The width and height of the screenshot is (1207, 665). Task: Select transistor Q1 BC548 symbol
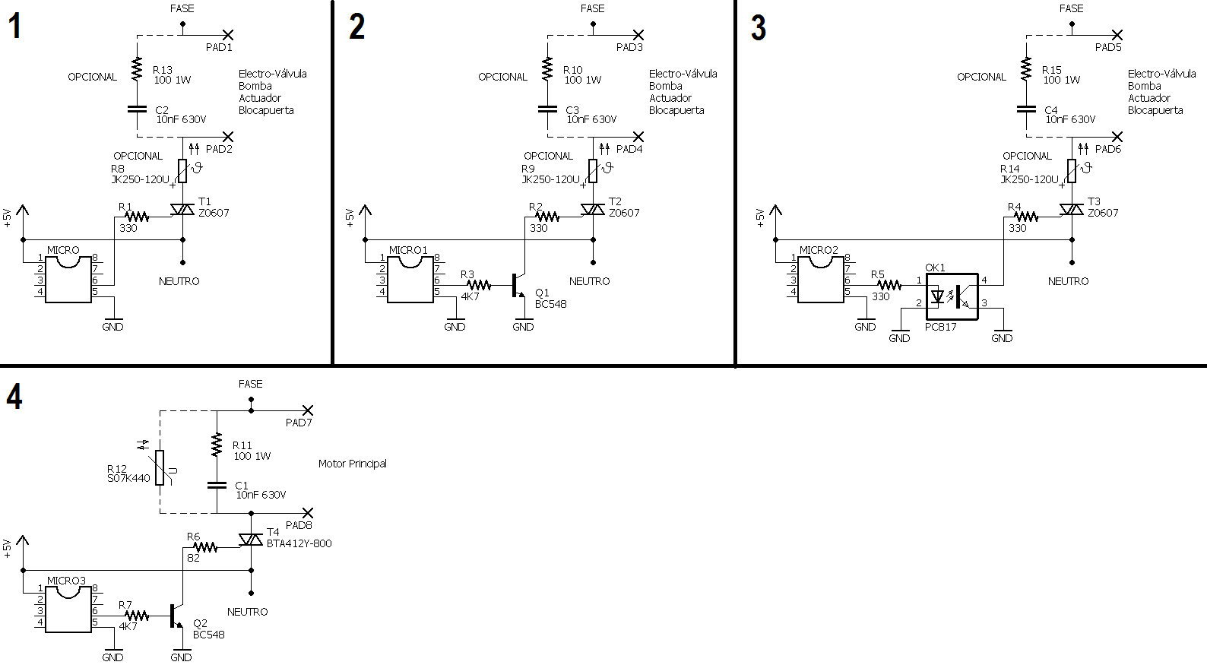coord(518,286)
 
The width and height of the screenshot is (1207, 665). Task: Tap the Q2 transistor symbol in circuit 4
coord(176,616)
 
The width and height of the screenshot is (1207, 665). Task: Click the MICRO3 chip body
coord(68,610)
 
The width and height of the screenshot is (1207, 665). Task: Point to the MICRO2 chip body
coord(821,279)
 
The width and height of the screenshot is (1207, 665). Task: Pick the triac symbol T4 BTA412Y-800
coord(251,540)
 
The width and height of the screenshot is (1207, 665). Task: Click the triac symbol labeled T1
coord(182,209)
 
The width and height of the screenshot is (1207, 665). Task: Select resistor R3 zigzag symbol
coord(479,284)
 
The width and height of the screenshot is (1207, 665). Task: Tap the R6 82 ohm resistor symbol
coord(204,547)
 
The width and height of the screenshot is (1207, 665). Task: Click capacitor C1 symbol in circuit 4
coord(217,485)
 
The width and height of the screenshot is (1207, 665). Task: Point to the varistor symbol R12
coord(160,467)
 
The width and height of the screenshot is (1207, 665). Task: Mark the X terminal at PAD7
coord(308,410)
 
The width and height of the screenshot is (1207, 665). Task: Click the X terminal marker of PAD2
coord(228,136)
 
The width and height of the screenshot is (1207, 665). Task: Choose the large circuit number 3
coord(758,27)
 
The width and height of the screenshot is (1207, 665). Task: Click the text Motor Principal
coord(353,464)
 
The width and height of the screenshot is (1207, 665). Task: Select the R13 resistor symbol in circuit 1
coord(137,69)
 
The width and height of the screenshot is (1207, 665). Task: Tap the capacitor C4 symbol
coord(1026,109)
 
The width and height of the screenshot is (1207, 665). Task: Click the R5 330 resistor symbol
coord(889,284)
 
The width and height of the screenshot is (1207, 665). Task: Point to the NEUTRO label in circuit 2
coord(590,281)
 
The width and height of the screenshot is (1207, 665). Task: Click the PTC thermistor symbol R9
coord(593,170)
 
